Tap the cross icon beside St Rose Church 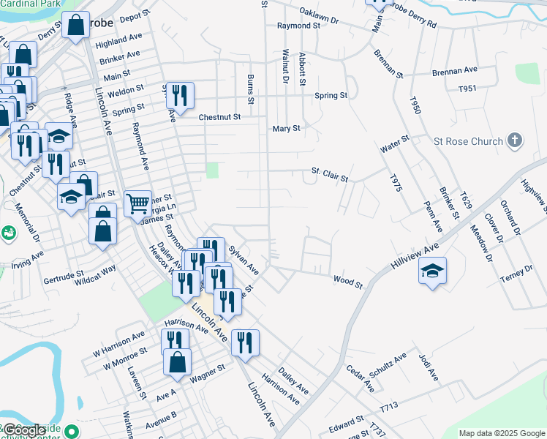tap(515, 140)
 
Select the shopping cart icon tap(137, 203)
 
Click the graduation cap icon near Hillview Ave tap(432, 271)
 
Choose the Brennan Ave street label tap(454, 70)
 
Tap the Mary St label tap(286, 129)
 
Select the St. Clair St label tap(329, 174)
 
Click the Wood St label tap(348, 280)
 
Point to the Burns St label tap(251, 86)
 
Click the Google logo tap(25, 430)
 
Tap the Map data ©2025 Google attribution tap(502, 433)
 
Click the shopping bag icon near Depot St tap(75, 26)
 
